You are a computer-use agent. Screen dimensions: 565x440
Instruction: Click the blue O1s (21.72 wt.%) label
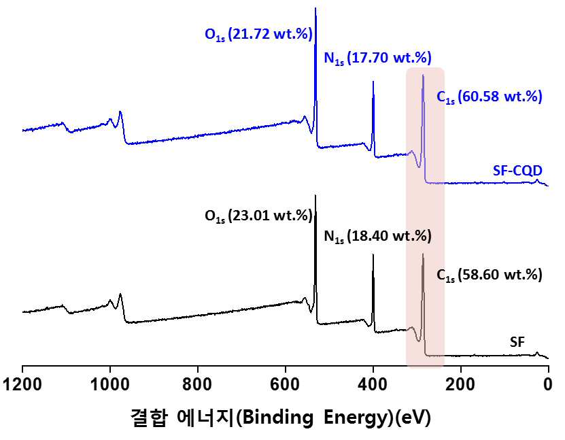click(x=258, y=35)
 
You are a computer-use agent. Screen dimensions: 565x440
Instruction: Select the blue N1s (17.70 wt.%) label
click(x=377, y=58)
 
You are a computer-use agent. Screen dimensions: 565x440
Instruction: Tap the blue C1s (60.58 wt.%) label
click(x=490, y=97)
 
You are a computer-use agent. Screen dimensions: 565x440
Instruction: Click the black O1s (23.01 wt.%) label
click(x=258, y=216)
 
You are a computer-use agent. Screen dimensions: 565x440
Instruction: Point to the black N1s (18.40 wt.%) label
click(x=377, y=236)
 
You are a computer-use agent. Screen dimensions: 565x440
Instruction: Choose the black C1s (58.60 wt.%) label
click(x=490, y=275)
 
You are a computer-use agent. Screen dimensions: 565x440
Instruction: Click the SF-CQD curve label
click(x=517, y=170)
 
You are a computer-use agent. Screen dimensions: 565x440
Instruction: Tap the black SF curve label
click(x=517, y=341)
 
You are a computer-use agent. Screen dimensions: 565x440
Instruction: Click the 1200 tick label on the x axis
click(x=22, y=384)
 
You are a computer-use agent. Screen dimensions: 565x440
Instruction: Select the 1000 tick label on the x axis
click(x=110, y=384)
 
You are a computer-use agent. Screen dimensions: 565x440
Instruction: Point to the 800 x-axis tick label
click(x=197, y=384)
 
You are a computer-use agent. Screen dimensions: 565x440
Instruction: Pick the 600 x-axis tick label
click(x=286, y=384)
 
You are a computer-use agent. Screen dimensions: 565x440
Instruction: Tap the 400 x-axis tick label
click(x=373, y=384)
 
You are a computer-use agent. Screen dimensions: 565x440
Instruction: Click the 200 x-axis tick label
click(x=461, y=384)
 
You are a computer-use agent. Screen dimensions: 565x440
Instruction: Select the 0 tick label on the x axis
click(x=548, y=384)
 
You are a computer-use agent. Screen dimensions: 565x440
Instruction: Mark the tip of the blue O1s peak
click(x=315, y=8)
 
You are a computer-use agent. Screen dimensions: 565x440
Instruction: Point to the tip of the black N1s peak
click(x=373, y=254)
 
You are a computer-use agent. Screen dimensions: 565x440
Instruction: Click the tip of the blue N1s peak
click(x=373, y=82)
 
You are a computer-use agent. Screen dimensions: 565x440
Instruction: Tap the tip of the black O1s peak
click(x=315, y=195)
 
